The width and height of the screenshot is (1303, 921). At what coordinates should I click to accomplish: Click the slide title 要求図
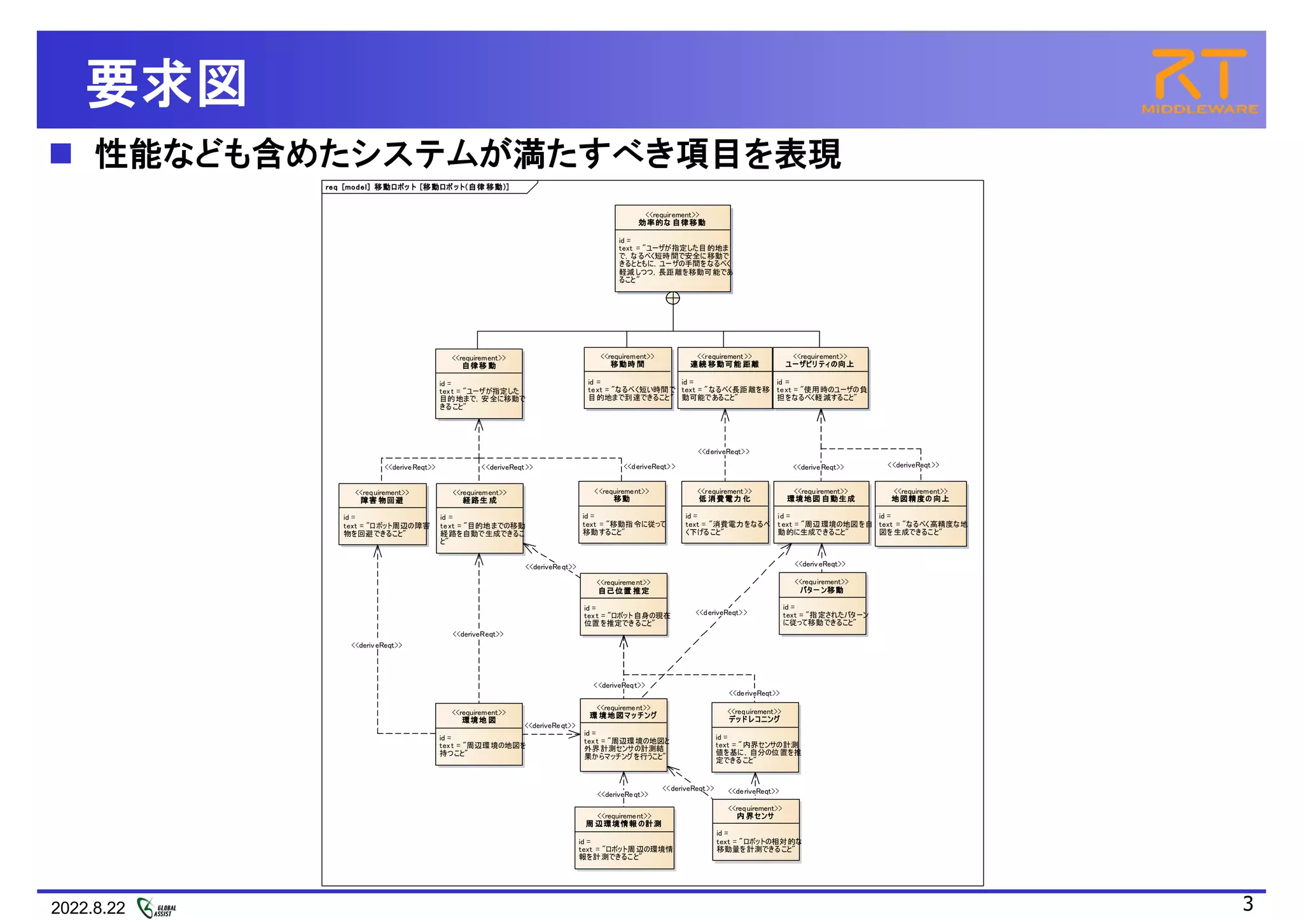[167, 83]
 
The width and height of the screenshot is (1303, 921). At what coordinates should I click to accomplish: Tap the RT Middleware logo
[1199, 81]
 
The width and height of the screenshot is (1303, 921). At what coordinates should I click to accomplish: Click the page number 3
[1248, 903]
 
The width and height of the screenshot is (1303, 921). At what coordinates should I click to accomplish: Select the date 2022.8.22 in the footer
[88, 908]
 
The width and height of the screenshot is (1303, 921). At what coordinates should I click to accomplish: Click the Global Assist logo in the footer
[157, 908]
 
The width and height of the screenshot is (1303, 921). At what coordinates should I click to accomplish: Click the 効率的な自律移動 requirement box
[672, 249]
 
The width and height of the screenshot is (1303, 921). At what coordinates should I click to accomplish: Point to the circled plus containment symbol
[672, 298]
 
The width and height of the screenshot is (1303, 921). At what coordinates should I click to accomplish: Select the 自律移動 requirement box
[479, 384]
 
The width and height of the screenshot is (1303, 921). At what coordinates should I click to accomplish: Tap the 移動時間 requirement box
[628, 378]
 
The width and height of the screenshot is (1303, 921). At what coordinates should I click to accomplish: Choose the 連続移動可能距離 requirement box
[725, 378]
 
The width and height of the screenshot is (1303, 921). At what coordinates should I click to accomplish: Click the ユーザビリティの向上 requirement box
[820, 378]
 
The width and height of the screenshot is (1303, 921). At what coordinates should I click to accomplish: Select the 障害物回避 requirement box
[382, 514]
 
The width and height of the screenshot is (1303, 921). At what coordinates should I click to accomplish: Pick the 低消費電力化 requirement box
[725, 512]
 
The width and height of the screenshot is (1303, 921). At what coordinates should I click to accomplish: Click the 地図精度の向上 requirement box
[921, 513]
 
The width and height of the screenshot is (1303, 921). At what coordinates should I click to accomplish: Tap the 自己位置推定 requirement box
[624, 604]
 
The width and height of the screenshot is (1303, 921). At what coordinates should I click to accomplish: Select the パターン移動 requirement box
[822, 604]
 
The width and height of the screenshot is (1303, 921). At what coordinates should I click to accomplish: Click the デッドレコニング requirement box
[755, 737]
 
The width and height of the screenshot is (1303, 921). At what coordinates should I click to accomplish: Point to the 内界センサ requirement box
[755, 830]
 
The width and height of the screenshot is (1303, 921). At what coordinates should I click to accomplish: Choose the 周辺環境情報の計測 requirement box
[624, 838]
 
